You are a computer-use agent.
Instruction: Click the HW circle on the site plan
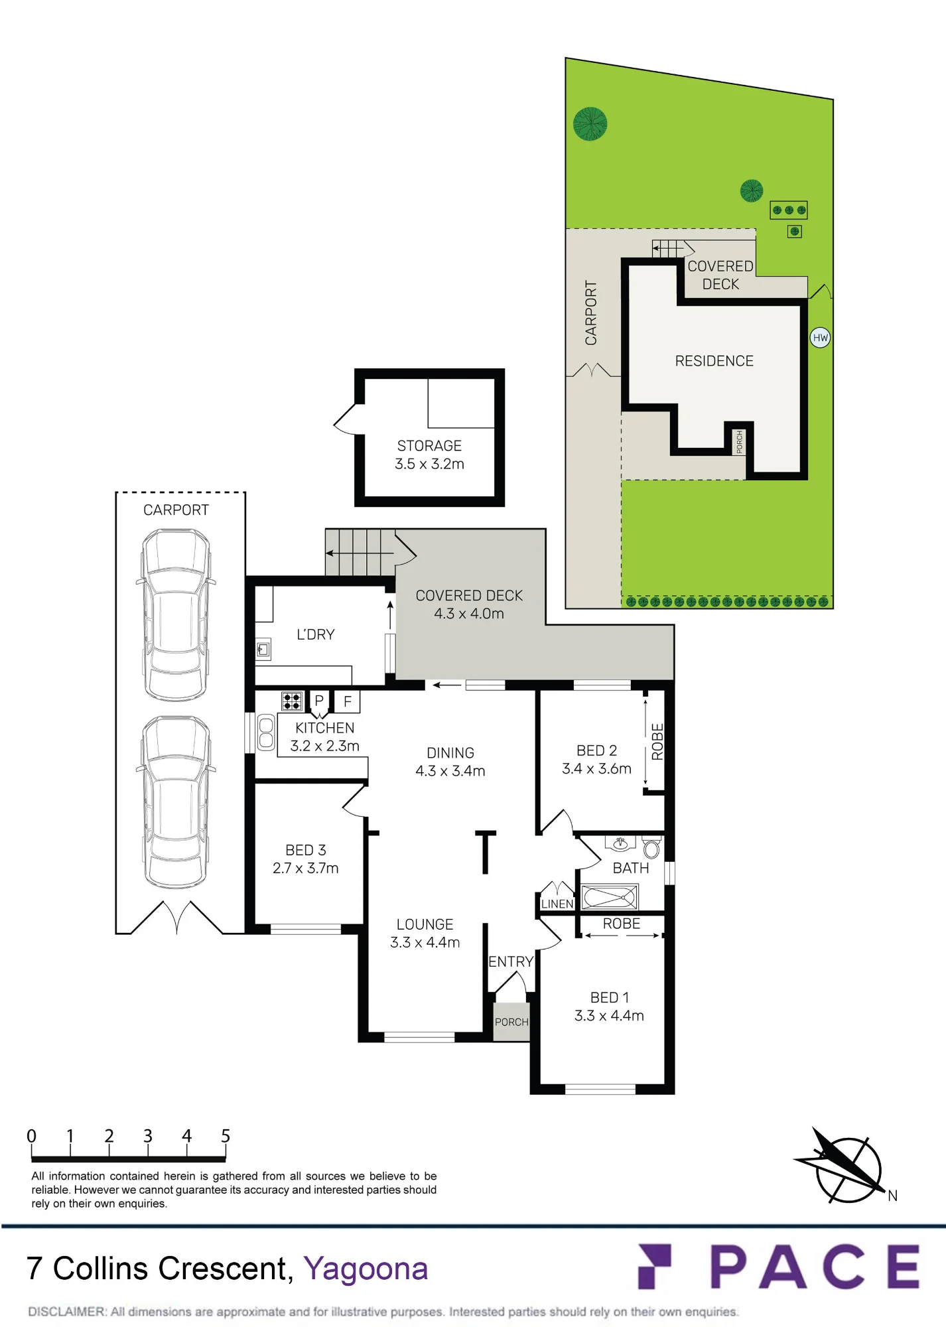pos(821,338)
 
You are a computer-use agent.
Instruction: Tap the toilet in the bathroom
pos(651,847)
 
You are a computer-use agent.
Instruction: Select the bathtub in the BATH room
pos(610,897)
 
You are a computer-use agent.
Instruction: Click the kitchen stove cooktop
pos(292,701)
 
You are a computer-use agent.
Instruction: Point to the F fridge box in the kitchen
pos(347,701)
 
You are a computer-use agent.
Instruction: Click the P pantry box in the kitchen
pos(319,701)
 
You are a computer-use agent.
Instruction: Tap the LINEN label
pos(557,904)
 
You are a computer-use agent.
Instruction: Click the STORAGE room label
pos(429,446)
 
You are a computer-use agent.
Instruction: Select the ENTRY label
pos(511,961)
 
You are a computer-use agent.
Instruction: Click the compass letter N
pos(893,1196)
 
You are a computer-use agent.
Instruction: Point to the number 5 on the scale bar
pos(226,1136)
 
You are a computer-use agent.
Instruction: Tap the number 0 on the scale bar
pos(31,1136)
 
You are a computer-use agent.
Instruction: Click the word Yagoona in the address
pos(366,1269)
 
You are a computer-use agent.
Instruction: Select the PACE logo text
pos(815,1267)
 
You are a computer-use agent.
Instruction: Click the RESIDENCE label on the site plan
pos(714,361)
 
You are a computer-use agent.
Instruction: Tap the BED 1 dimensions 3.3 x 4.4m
pos(609,1016)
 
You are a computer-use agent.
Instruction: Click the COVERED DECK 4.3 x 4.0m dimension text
pos(469,614)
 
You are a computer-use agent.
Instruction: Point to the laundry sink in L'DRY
pos(263,649)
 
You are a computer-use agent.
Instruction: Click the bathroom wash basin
pos(621,843)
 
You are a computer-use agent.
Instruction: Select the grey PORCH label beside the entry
pos(511,1022)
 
